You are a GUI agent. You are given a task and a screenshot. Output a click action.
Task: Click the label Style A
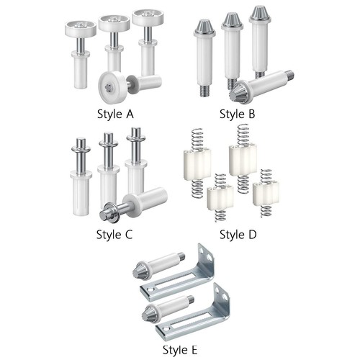pos(115,114)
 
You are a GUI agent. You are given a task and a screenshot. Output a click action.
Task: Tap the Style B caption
pos(237,114)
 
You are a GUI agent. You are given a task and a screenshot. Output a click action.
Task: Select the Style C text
pos(114,235)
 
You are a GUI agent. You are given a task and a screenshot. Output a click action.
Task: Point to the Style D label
pos(238,235)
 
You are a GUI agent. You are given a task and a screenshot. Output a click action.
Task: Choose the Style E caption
pos(180,350)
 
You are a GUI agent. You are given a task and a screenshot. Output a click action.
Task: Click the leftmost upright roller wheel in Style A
pos(81,28)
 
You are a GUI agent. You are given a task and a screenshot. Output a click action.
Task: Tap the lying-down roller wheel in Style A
pos(113,87)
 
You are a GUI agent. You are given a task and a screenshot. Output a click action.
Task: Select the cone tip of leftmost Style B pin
pos(204,26)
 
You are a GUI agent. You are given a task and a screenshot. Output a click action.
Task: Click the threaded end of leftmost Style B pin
pos(204,91)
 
